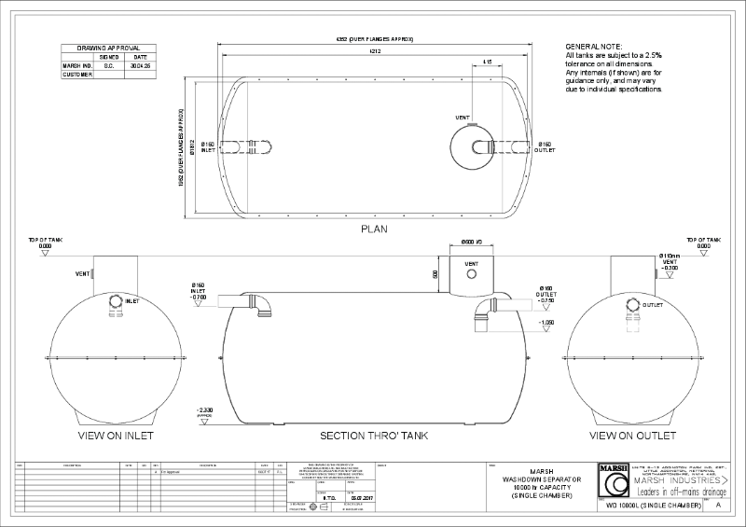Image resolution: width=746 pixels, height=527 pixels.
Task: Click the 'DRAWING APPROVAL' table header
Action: tap(102, 47)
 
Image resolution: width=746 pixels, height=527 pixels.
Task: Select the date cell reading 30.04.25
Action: tap(141, 66)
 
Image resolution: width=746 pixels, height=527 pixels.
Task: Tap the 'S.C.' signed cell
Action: tap(108, 66)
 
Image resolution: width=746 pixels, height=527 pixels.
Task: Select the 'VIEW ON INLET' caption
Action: tap(117, 436)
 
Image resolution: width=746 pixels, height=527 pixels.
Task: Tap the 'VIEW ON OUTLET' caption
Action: tap(632, 436)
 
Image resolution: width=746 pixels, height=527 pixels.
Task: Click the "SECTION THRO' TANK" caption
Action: tap(374, 436)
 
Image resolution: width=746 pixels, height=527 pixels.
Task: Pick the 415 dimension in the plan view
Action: tap(488, 62)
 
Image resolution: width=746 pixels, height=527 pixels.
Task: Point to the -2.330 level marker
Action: tap(206, 411)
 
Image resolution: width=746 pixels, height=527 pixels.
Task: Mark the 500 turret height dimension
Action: tap(435, 275)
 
